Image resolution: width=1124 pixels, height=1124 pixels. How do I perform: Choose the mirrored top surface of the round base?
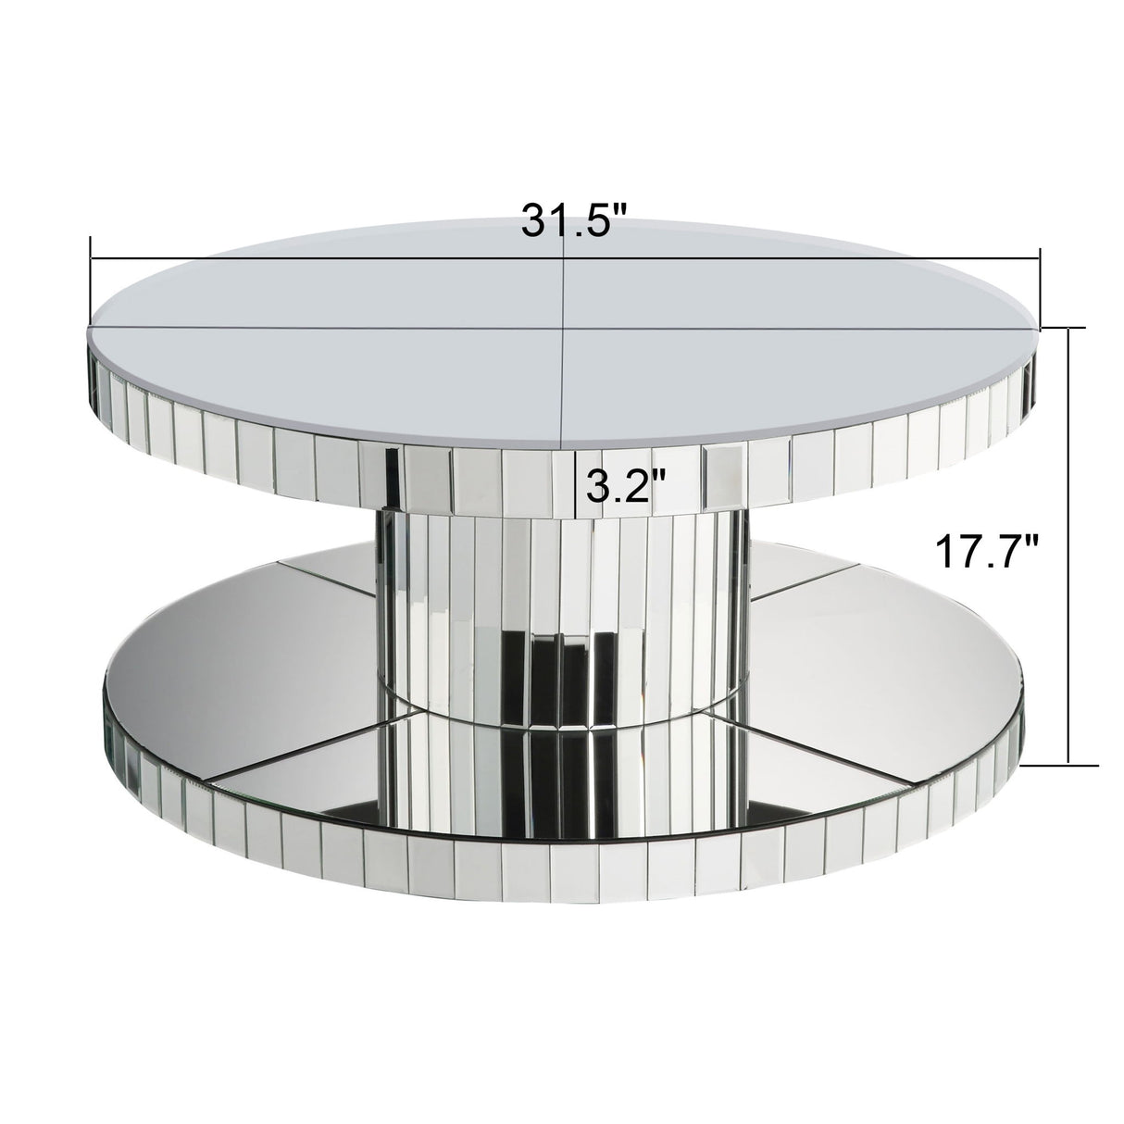(880, 676)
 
